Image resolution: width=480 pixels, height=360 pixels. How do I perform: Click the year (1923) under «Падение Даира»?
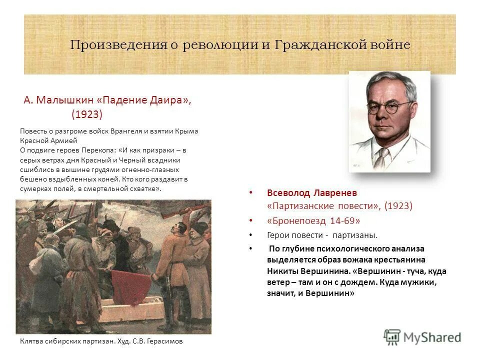click(x=87, y=114)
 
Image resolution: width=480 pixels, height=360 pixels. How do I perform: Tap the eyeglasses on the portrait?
click(x=389, y=107)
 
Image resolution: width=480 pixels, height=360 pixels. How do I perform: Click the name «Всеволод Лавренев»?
click(x=312, y=193)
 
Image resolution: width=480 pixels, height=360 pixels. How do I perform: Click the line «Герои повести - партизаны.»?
click(x=322, y=234)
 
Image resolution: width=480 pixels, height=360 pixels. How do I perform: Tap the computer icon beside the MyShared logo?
click(x=392, y=337)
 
